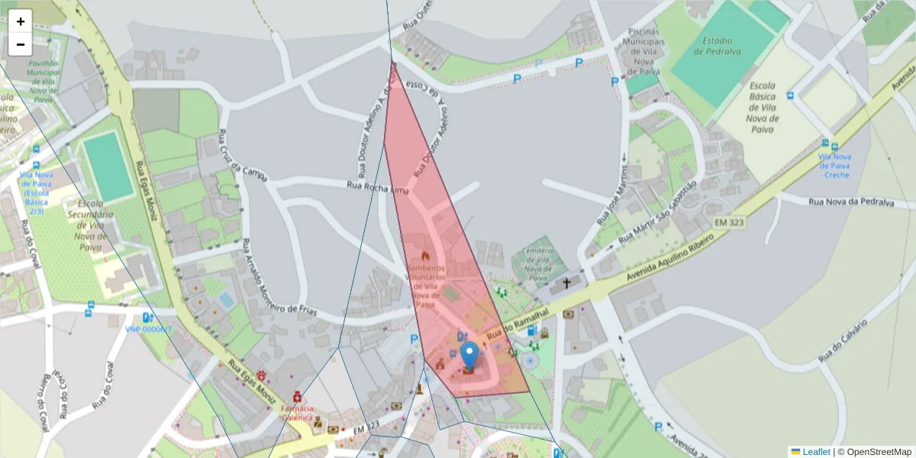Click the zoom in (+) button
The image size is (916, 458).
click(21, 21)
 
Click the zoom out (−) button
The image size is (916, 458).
click(21, 44)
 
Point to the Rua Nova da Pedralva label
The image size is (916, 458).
click(850, 202)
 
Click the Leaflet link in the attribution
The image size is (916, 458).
click(815, 452)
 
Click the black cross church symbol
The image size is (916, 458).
click(566, 283)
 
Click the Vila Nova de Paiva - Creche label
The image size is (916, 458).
click(836, 166)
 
